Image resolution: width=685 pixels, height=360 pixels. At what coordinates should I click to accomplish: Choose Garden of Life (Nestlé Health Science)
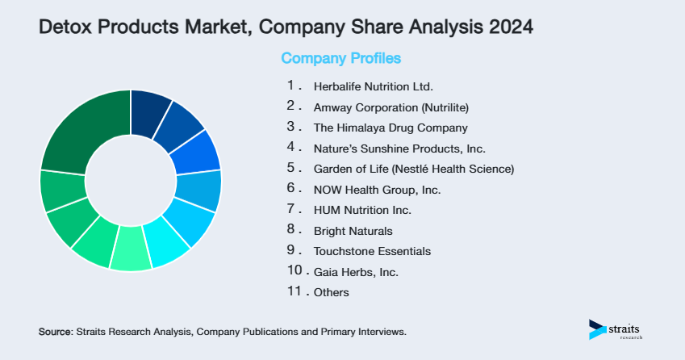tap(413, 169)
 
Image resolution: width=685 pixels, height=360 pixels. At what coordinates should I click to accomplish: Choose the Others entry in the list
tap(331, 292)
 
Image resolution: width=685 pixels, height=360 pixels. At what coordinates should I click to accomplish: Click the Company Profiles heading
tap(340, 59)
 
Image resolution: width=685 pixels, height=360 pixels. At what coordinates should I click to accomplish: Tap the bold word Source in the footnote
tap(55, 332)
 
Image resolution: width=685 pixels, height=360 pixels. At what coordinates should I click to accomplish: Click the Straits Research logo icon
tap(598, 329)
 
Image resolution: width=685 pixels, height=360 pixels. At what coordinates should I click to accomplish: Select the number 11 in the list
tap(294, 291)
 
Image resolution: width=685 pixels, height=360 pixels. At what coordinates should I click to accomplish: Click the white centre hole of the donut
tap(131, 180)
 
